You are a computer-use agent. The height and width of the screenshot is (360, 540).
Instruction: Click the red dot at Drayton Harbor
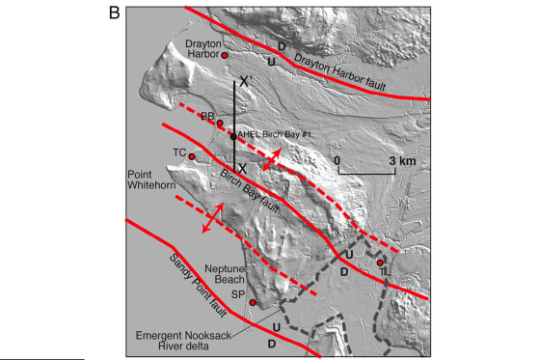point(225,56)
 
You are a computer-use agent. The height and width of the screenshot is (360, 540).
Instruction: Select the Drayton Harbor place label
point(203,48)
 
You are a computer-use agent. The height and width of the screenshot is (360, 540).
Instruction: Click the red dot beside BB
point(220,123)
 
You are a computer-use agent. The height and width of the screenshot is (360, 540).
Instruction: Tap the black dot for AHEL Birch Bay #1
point(233,136)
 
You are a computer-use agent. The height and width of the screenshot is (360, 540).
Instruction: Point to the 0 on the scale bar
point(337,159)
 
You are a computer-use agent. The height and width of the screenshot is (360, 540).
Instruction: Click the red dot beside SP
point(253,302)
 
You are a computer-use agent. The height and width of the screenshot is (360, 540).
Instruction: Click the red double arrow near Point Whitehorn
point(209,218)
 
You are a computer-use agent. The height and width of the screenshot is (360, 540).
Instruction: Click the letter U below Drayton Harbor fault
point(272,62)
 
